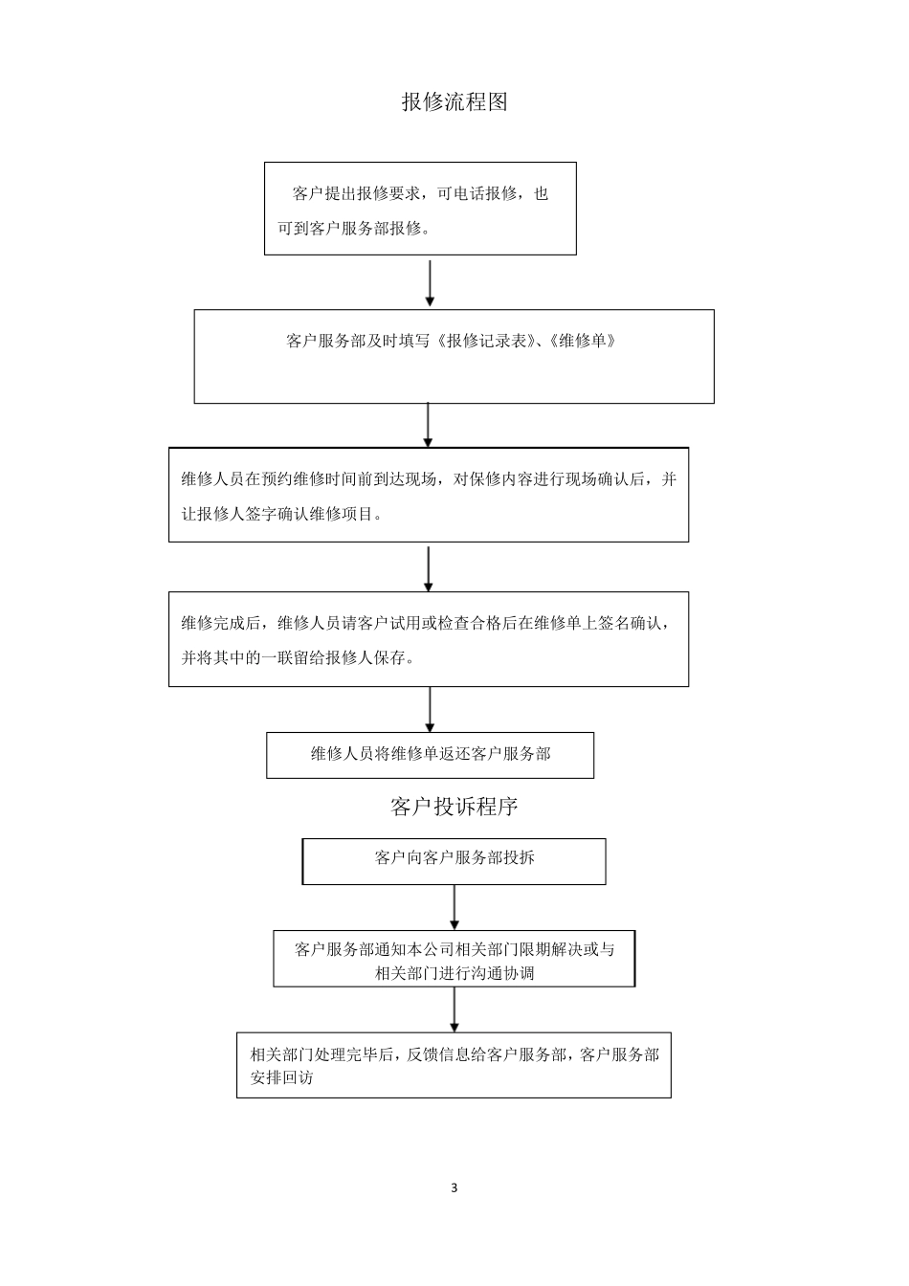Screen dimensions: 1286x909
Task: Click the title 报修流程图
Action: (454, 101)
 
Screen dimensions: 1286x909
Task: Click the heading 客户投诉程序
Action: (454, 807)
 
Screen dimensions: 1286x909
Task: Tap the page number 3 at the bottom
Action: (454, 1187)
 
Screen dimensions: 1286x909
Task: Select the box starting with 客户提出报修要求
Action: (420, 209)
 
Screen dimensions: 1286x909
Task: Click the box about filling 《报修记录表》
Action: (454, 356)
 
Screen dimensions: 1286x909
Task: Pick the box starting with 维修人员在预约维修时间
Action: (428, 495)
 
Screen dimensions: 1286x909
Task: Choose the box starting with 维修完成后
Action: (428, 638)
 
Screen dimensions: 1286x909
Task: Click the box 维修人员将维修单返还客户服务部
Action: (430, 755)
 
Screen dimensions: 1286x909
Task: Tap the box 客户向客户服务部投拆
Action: (454, 860)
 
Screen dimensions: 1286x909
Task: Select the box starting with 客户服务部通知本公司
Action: (454, 959)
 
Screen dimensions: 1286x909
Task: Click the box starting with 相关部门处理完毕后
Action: (454, 1064)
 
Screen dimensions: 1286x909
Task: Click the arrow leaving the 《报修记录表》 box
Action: (428, 424)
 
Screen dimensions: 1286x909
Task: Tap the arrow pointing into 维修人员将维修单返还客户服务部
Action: (430, 709)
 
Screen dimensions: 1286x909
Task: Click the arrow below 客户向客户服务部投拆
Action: (454, 906)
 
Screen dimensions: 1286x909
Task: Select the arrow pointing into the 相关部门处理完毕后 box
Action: (454, 1009)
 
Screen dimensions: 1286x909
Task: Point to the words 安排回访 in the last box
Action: (281, 1077)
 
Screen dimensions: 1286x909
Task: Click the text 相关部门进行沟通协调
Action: (454, 973)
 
